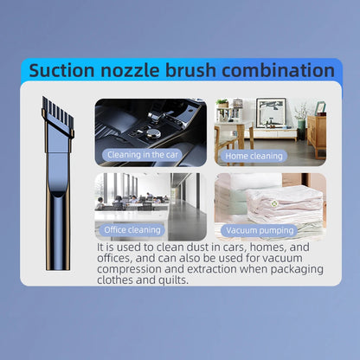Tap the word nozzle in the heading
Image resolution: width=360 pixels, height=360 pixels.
click(140, 70)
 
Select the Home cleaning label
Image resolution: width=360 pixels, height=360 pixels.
click(254, 156)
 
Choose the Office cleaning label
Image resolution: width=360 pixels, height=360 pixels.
click(132, 230)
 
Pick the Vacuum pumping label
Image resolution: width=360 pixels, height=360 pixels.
click(260, 230)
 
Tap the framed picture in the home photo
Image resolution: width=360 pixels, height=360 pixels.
click(270, 112)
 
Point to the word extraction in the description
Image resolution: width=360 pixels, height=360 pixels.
click(210, 268)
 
